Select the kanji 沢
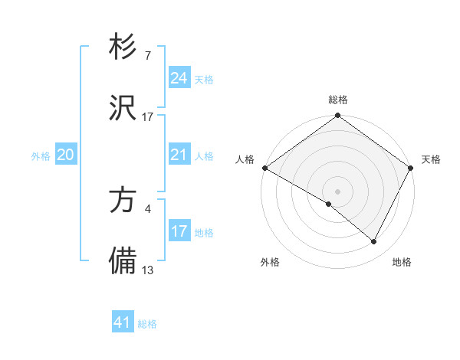click(123, 108)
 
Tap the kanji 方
click(123, 201)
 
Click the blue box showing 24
click(179, 78)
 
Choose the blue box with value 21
click(179, 155)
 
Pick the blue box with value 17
click(179, 231)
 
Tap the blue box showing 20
click(66, 155)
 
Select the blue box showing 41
click(123, 322)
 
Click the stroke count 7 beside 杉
click(147, 56)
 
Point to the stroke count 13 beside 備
click(148, 270)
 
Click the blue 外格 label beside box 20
click(41, 155)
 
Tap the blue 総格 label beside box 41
click(147, 324)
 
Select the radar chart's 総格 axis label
click(338, 100)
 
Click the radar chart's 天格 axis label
click(431, 159)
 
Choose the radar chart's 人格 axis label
click(245, 159)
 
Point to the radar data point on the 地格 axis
click(374, 242)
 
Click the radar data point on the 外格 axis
click(329, 205)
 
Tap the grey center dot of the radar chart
click(338, 191)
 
